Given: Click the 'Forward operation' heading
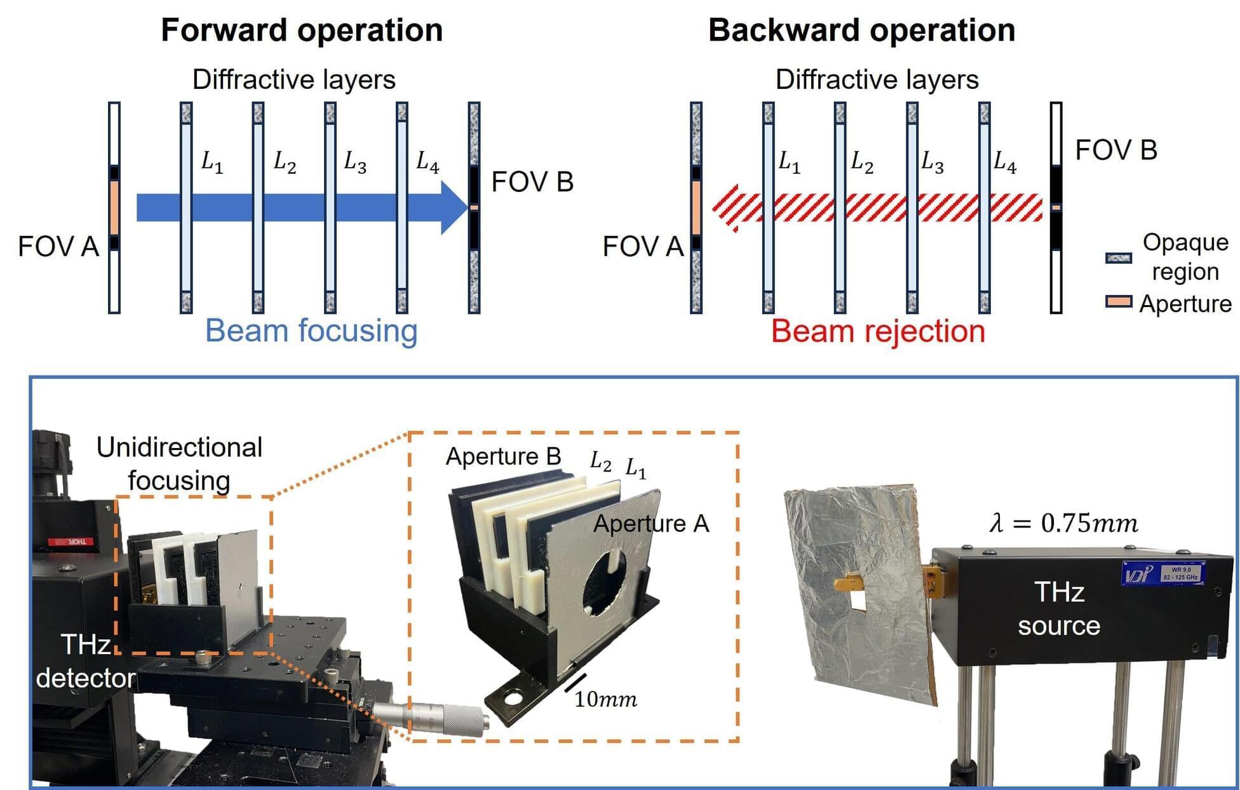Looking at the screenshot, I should point(302,30).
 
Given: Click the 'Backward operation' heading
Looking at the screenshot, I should point(861,30).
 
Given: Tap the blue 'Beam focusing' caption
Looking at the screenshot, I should point(311,330).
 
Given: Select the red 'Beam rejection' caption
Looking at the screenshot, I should point(878,331).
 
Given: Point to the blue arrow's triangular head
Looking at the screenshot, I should point(455,207).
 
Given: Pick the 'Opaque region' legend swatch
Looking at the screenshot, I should point(1118,258).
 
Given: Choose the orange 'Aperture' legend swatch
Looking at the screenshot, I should point(1118,302).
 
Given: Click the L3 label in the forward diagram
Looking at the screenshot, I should point(354,163).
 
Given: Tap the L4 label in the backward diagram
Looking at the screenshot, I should point(1004,163).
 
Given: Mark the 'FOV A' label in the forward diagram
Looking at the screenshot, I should point(58,247).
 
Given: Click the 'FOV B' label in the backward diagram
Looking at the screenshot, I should point(1116,151).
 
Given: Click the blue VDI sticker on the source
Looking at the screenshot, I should point(1162,573).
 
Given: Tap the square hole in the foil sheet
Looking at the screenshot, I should point(858,599).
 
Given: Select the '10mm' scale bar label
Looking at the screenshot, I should point(605,700).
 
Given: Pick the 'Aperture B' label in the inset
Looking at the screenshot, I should point(503,456).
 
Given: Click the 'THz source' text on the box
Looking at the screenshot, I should point(1059,609).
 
